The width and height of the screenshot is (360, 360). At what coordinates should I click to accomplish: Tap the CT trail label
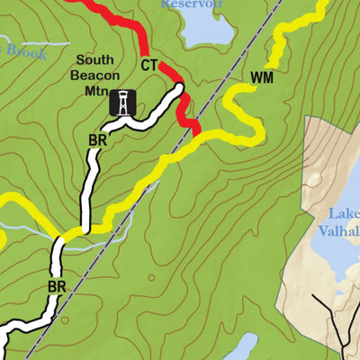tap(150, 66)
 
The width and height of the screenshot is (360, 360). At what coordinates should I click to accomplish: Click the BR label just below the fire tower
tap(98, 140)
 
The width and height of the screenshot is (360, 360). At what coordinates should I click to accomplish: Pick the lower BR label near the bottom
tap(58, 287)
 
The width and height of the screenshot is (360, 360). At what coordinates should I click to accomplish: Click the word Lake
tap(345, 214)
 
